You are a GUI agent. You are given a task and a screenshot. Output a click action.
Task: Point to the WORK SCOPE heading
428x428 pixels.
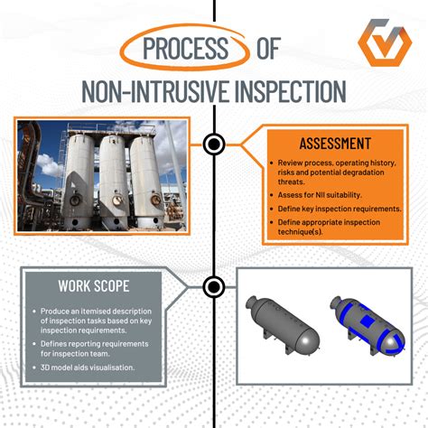point(92,287)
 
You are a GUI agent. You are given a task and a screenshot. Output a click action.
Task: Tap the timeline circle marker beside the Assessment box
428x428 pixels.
point(214,144)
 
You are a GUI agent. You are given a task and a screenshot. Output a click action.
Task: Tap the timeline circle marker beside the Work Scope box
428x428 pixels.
point(214,287)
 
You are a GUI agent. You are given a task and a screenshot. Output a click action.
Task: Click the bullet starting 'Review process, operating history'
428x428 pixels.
point(333,172)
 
